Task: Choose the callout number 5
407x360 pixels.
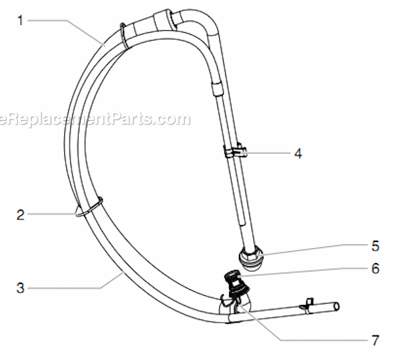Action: click(375, 247)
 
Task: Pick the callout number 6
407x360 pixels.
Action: click(375, 268)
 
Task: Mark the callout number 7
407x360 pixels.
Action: click(375, 340)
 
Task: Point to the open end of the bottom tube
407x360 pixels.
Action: click(337, 306)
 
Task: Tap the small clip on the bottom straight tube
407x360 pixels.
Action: click(305, 304)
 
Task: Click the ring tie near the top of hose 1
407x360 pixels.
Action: click(123, 37)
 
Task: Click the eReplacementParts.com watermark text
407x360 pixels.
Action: click(95, 119)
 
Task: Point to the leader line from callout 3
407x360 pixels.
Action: click(72, 287)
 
